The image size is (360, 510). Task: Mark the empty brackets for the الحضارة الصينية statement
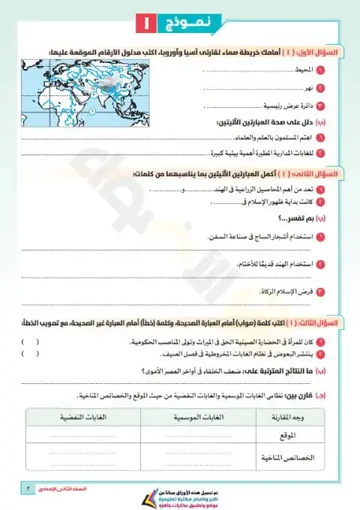(x=30, y=340)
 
